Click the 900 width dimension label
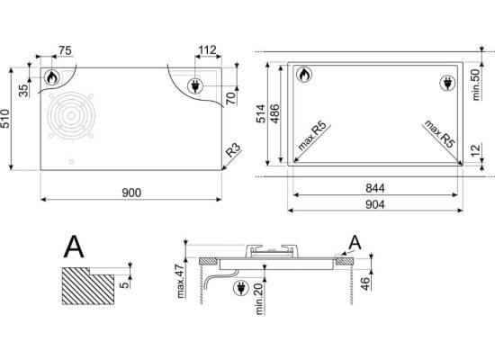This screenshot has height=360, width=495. click(131, 193)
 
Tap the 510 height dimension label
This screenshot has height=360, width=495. click(5, 119)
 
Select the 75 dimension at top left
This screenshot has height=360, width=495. click(65, 50)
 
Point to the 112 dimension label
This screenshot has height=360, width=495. click(207, 49)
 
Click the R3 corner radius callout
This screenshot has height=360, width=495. click(233, 150)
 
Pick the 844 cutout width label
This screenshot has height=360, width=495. click(375, 188)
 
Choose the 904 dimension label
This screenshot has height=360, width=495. click(375, 204)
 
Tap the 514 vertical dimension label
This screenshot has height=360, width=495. click(261, 113)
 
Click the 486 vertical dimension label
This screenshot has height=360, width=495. click(274, 113)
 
